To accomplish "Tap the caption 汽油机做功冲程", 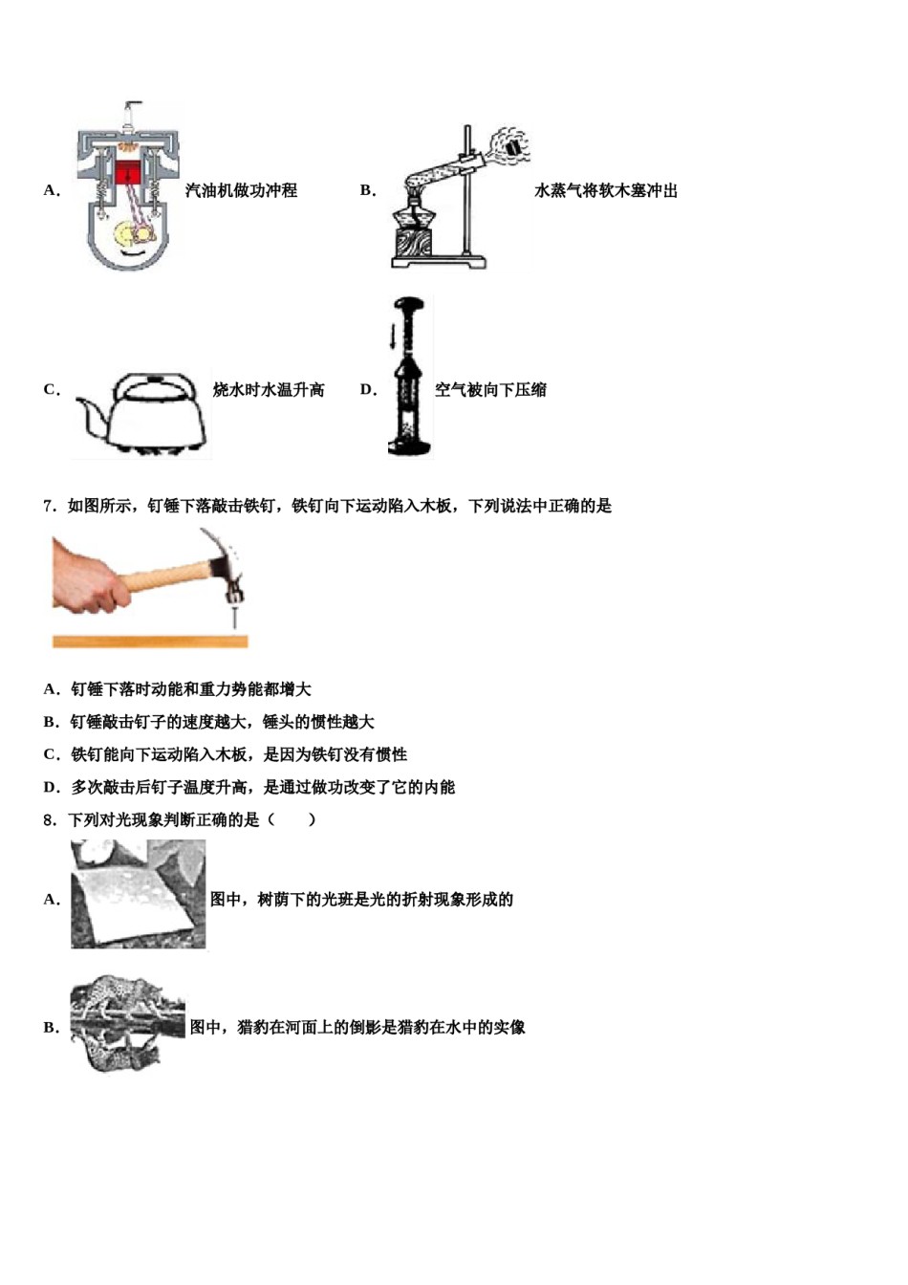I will pyautogui.click(x=241, y=190).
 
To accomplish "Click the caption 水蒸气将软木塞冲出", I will pyautogui.click(x=606, y=190).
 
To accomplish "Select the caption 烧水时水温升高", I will pyautogui.click(x=269, y=390).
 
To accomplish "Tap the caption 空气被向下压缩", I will pyautogui.click(x=491, y=390).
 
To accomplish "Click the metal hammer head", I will pyautogui.click(x=229, y=570).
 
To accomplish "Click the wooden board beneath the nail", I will pyautogui.click(x=150, y=642).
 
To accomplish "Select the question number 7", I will pyautogui.click(x=50, y=506).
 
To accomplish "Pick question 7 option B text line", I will pyautogui.click(x=222, y=722).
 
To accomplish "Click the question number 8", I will pyautogui.click(x=50, y=819).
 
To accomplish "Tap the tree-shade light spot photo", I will pyautogui.click(x=138, y=894).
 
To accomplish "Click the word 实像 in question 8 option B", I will pyautogui.click(x=509, y=1027).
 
